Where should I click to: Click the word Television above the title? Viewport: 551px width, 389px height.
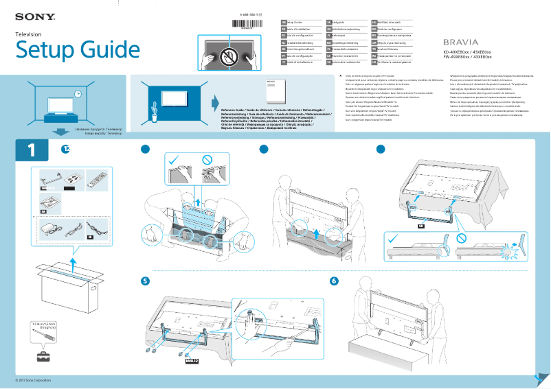click(29, 34)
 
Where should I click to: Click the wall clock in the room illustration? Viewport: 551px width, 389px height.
click(78, 94)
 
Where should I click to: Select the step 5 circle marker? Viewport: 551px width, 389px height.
click(145, 281)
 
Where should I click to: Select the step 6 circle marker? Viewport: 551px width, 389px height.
click(334, 281)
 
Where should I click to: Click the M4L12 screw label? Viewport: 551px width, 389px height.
click(192, 358)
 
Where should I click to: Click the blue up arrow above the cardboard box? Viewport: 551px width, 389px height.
click(73, 262)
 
